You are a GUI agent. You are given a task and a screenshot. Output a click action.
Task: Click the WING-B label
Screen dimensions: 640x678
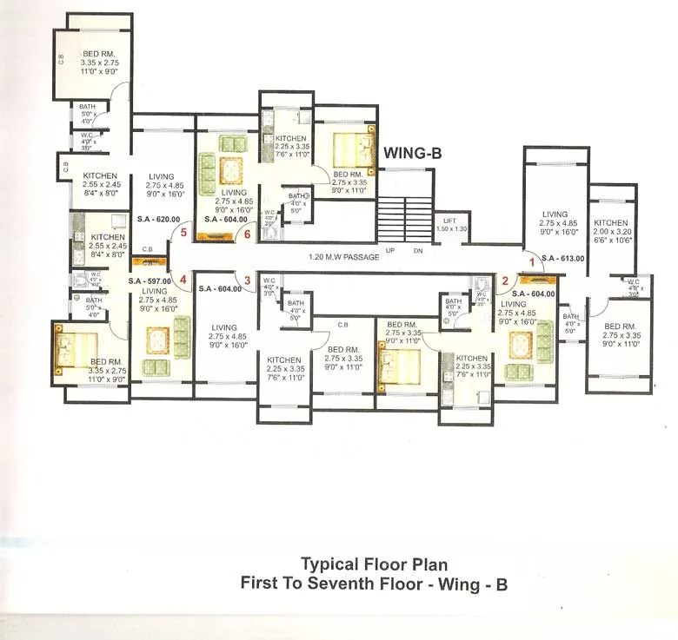pyautogui.click(x=413, y=154)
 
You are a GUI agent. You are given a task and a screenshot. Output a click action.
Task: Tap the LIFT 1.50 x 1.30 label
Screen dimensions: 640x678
pyautogui.click(x=449, y=224)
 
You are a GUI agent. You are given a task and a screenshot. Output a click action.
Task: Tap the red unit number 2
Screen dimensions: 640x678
pyautogui.click(x=504, y=280)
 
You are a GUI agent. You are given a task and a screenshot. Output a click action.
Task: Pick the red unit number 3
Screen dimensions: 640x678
pyautogui.click(x=248, y=280)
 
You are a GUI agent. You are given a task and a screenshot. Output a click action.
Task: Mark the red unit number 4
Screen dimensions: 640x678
pyautogui.click(x=183, y=280)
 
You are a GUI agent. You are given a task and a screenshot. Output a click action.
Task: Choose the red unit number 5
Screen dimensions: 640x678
pyautogui.click(x=183, y=232)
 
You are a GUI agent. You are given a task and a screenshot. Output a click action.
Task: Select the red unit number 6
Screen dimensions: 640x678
pyautogui.click(x=248, y=233)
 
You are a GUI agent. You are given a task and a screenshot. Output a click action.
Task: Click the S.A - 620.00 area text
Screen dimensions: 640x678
pyautogui.click(x=158, y=220)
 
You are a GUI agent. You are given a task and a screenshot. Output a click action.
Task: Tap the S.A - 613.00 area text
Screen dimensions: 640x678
pyautogui.click(x=560, y=259)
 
